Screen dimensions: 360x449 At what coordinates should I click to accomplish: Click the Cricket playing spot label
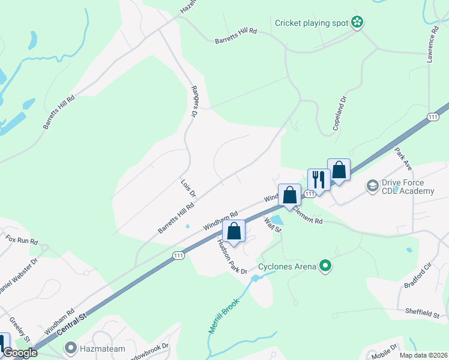[312, 23]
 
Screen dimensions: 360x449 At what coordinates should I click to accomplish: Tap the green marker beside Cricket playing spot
[358, 23]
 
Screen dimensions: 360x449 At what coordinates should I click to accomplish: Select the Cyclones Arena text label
[287, 266]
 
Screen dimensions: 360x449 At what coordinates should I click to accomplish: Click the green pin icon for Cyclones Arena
[326, 265]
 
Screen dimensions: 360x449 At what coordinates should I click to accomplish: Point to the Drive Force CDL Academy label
[408, 187]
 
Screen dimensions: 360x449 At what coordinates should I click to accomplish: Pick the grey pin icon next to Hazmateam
[71, 347]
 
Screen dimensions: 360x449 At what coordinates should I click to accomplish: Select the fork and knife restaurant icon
[318, 179]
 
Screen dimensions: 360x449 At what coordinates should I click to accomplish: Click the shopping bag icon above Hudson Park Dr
[234, 230]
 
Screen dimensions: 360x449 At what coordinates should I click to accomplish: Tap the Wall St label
[273, 226]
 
